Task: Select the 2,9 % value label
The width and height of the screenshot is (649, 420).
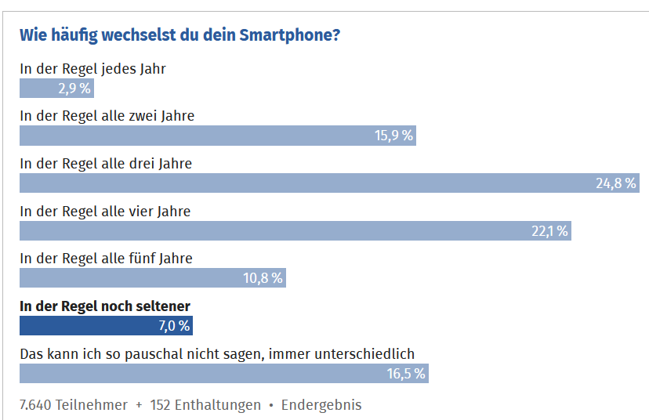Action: click(74, 89)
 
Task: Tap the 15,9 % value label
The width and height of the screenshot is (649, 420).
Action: click(393, 136)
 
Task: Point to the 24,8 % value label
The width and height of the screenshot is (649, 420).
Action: click(616, 183)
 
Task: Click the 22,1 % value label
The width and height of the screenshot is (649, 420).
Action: click(549, 231)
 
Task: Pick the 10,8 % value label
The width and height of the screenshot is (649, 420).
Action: click(264, 278)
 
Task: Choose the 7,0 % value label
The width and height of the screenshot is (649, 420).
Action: click(172, 326)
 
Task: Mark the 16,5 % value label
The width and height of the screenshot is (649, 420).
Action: click(406, 374)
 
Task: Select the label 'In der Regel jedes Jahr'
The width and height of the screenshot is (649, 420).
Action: click(92, 68)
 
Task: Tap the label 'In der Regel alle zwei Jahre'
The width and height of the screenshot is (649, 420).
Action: click(107, 116)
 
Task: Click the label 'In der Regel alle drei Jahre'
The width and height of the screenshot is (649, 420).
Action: click(106, 164)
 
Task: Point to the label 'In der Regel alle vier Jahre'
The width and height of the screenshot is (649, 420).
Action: click(105, 211)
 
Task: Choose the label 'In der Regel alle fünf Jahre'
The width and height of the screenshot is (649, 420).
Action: click(106, 259)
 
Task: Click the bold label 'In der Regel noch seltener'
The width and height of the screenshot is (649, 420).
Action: click(105, 306)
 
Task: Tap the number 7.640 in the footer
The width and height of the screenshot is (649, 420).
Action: click(35, 405)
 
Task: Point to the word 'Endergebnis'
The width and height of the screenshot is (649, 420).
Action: click(321, 405)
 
